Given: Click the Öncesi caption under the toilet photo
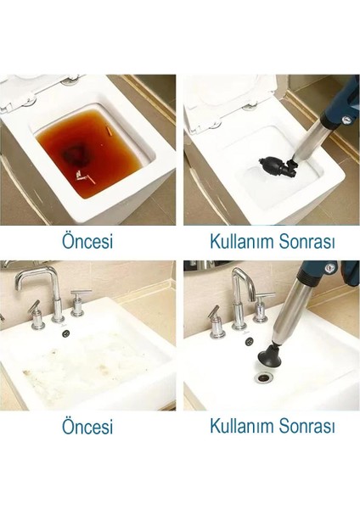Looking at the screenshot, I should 87,240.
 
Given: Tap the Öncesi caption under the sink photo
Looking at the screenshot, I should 87,426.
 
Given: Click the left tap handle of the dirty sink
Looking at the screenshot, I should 35,314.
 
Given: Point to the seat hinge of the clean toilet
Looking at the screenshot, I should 250,107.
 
